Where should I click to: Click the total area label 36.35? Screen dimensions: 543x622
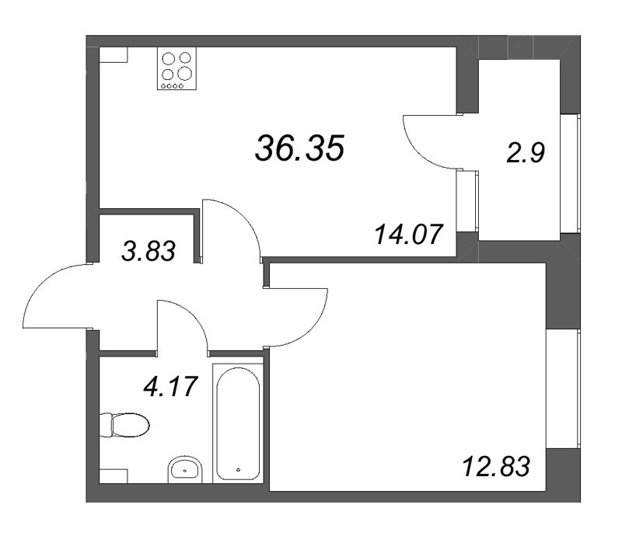[299, 147]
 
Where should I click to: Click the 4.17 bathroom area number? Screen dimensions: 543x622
[177, 385]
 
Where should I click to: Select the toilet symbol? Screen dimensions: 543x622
[124, 425]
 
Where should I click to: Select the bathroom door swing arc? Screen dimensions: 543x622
[183, 322]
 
